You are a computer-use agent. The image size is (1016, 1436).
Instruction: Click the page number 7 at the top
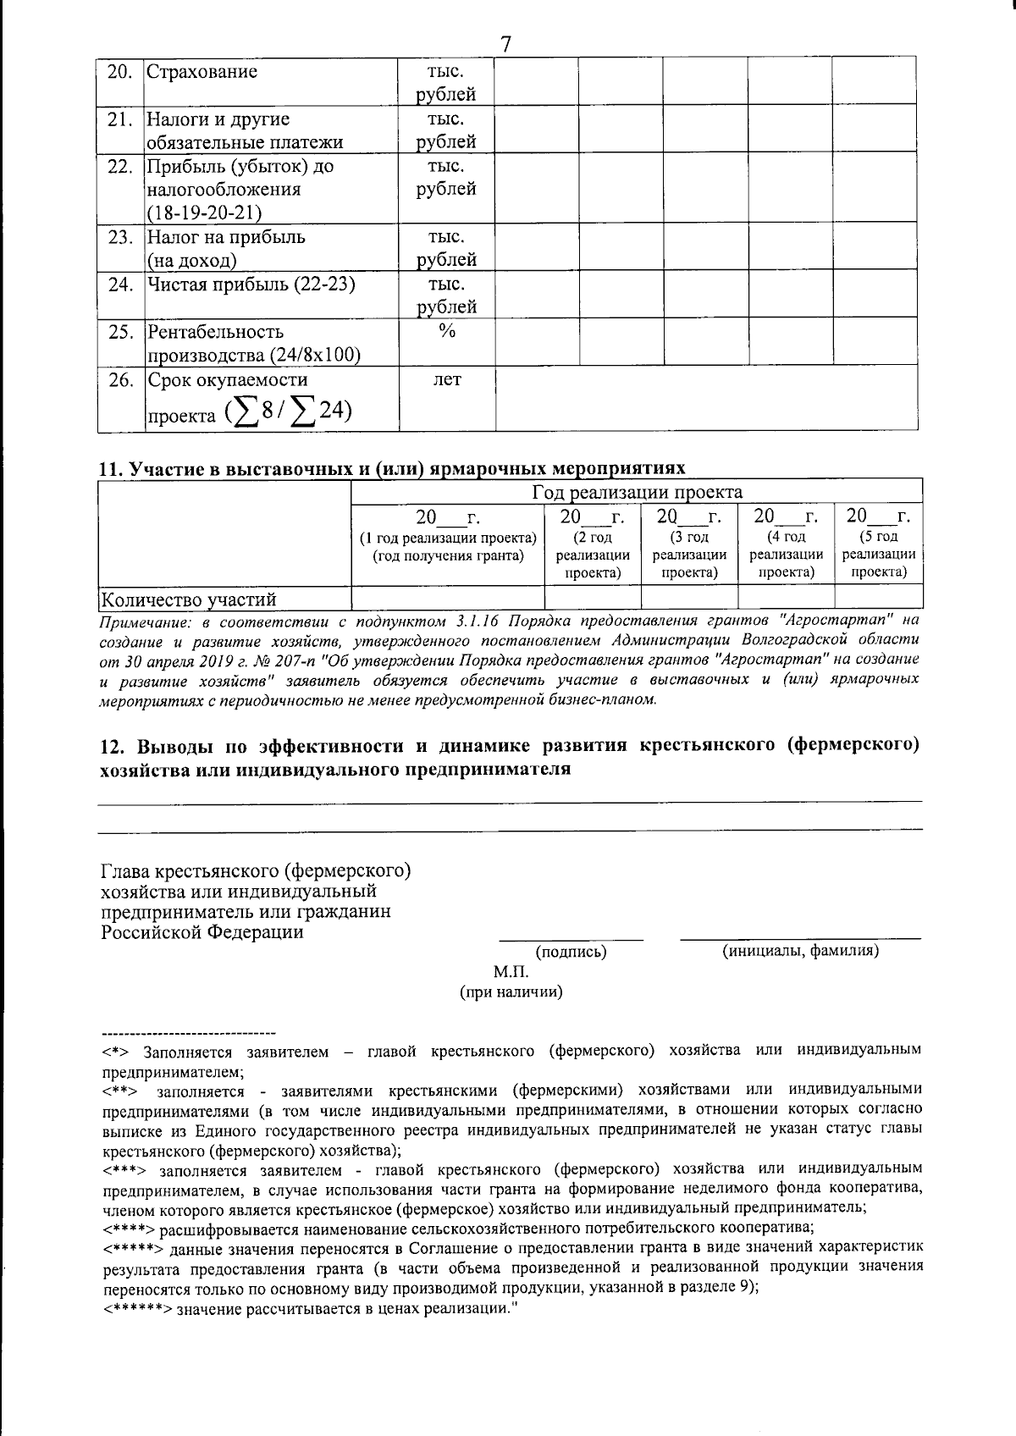pyautogui.click(x=506, y=43)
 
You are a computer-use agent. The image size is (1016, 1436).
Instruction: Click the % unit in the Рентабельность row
pyautogui.click(x=447, y=332)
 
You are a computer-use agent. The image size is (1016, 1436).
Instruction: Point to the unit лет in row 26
pyautogui.click(x=447, y=379)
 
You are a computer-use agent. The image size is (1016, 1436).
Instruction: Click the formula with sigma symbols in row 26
pyautogui.click(x=288, y=412)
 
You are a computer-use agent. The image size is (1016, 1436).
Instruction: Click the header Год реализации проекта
pyautogui.click(x=637, y=492)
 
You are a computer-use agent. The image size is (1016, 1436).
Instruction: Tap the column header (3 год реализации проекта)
pyautogui.click(x=689, y=554)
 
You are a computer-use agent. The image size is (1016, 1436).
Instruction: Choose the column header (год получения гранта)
pyautogui.click(x=449, y=555)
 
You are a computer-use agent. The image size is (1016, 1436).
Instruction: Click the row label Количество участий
pyautogui.click(x=189, y=600)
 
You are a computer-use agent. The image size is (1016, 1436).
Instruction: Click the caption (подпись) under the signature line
pyautogui.click(x=571, y=952)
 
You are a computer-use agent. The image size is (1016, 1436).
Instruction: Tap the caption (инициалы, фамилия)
pyautogui.click(x=799, y=951)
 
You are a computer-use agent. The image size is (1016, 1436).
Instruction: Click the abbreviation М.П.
pyautogui.click(x=511, y=972)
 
